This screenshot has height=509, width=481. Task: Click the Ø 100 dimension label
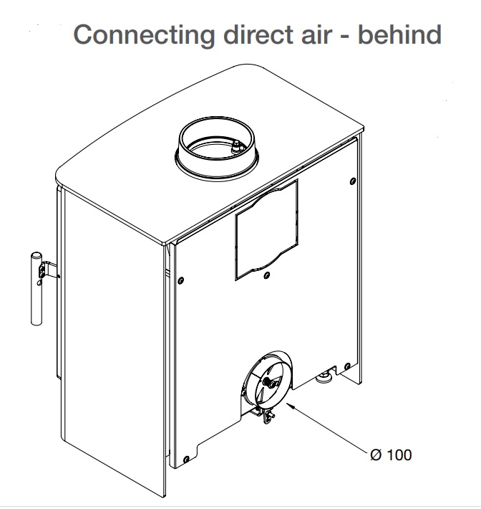click(391, 455)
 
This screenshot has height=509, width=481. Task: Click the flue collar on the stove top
click(215, 147)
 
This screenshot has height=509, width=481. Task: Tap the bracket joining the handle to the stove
click(49, 272)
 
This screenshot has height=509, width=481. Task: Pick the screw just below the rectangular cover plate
click(266, 275)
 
